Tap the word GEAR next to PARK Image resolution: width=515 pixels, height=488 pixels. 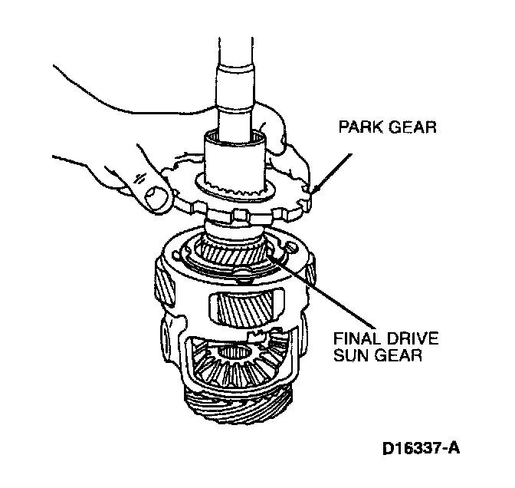[x=411, y=127]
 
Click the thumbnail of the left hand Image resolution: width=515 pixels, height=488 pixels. [x=157, y=197]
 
